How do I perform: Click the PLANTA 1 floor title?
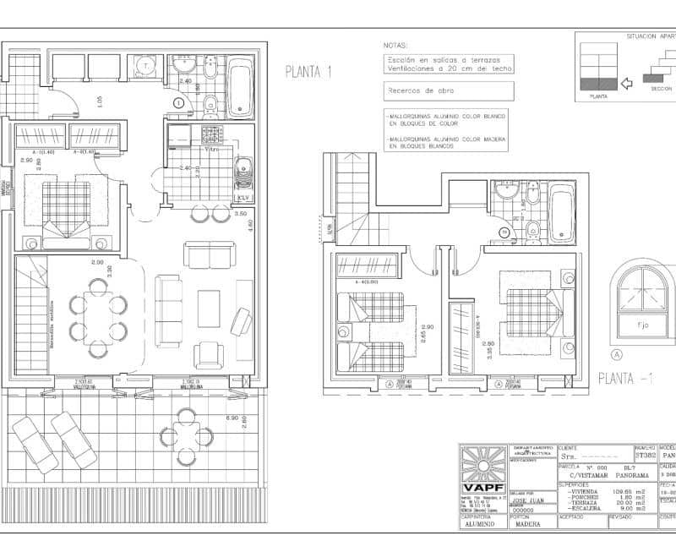[308, 72]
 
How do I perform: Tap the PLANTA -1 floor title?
[625, 378]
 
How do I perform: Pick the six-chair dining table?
[99, 316]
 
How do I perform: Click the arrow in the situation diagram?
[627, 83]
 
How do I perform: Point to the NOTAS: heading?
[395, 45]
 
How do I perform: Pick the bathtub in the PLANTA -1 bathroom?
[561, 211]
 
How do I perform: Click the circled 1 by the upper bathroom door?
[178, 102]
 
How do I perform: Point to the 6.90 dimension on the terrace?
[231, 418]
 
